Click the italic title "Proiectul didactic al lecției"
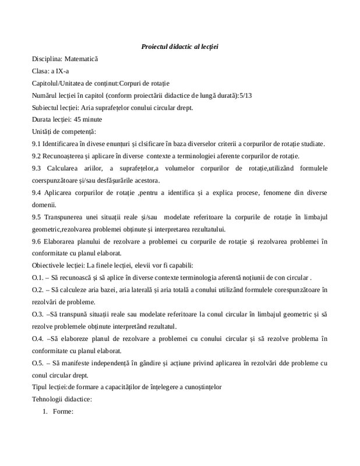coord(179,46)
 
